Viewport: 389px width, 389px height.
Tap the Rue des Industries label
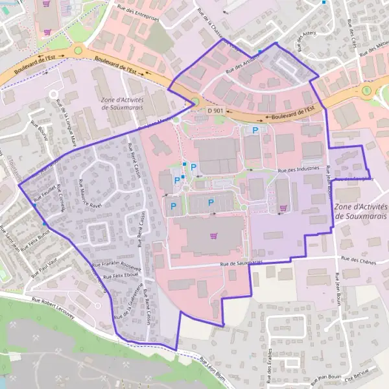[299, 169]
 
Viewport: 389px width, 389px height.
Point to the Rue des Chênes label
[359, 261]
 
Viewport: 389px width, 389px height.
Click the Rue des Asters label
[303, 42]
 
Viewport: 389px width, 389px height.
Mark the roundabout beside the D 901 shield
[194, 102]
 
